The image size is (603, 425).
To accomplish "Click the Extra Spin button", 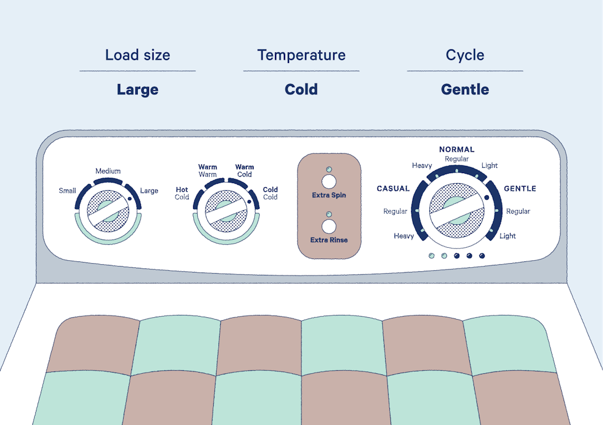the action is pos(329,181).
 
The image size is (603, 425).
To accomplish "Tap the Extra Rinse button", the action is pos(329,227).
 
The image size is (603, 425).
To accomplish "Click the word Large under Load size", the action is pos(138,90).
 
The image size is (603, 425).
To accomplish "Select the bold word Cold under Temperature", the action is pos(301,89).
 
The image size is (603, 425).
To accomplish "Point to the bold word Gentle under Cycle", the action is pos(465,89).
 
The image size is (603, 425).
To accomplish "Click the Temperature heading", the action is pos(301,55).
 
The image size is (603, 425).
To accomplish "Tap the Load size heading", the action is pos(138,55).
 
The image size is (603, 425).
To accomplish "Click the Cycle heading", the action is pos(465,55).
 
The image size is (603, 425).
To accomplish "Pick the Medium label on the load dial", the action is pos(108,171).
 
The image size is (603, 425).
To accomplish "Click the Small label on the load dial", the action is pos(67,191).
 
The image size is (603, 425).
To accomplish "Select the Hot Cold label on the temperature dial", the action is pos(182,193).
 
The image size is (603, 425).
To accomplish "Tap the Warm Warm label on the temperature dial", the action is pos(208,171).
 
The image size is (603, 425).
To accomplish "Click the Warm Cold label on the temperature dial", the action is pos(244,171).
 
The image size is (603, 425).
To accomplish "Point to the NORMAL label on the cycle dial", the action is pos(457,150).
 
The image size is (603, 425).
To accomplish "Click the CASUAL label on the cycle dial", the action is pos(393,189).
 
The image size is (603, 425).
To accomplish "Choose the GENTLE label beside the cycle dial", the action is pos(520,189).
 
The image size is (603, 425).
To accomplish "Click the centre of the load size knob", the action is pos(108,211).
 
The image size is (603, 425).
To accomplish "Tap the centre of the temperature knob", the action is pos(226,211).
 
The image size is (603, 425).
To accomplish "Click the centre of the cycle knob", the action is pos(457,211).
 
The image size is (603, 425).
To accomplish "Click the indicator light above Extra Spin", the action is pos(329,170).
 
